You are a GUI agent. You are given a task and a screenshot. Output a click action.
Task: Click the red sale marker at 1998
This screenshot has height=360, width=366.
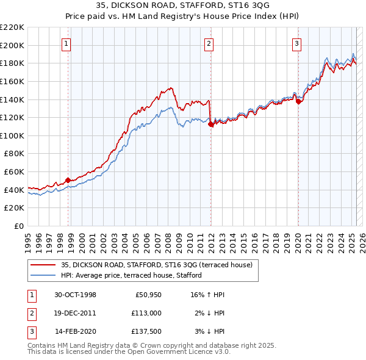pos(68,179)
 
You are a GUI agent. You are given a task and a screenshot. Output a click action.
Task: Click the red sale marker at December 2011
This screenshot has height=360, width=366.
pos(210,123)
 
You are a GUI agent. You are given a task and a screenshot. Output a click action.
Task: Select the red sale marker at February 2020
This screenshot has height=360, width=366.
pos(298,101)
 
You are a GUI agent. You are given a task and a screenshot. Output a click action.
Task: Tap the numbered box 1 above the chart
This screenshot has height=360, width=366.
pos(65,43)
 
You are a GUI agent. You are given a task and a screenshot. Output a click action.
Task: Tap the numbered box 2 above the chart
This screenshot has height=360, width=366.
pos(209,43)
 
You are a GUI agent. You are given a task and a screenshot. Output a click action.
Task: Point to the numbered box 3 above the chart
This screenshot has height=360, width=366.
pos(296,43)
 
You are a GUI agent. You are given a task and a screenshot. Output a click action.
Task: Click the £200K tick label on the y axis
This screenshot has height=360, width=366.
pos(12,45)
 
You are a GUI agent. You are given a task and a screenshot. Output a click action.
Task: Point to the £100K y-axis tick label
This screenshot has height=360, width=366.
pos(12,135)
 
